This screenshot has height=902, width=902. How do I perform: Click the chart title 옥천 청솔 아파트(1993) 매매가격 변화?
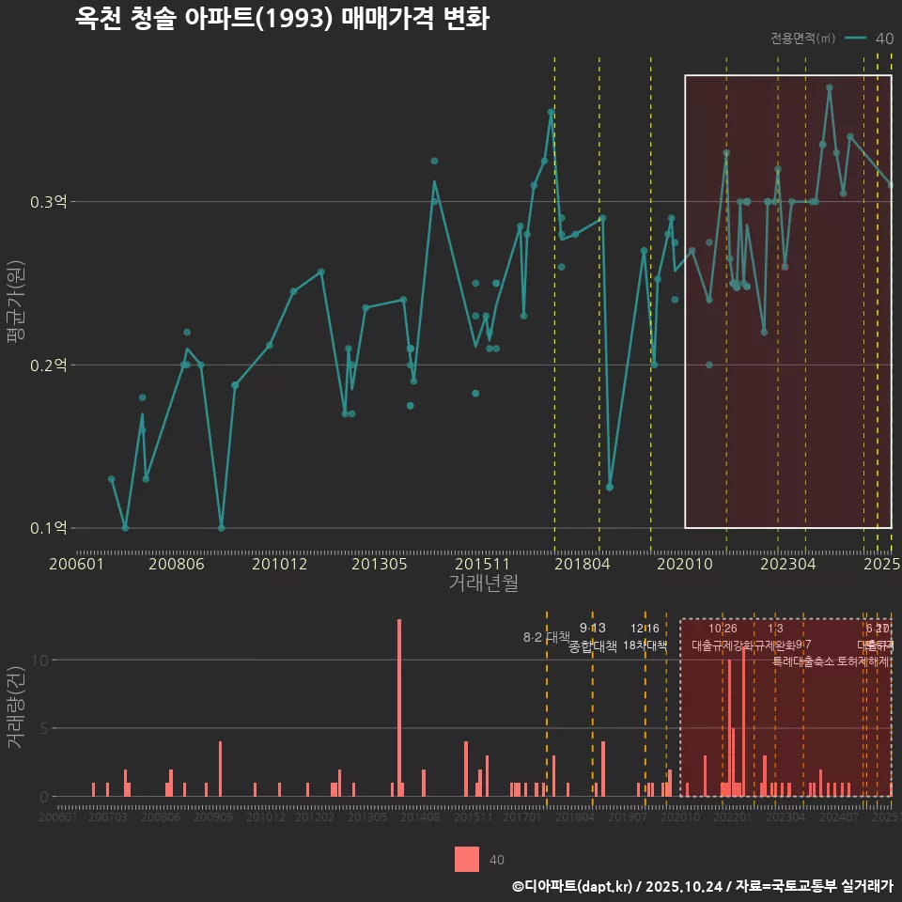point(282,20)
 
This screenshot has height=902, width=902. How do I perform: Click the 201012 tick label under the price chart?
point(279,565)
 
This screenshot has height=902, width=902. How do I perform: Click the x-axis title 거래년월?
point(483,583)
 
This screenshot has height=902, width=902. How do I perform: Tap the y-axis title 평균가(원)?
point(16,305)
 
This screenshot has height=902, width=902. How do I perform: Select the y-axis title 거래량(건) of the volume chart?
point(16,708)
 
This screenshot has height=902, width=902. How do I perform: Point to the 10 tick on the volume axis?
point(40,660)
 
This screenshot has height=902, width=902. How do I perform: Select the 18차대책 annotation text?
point(645,645)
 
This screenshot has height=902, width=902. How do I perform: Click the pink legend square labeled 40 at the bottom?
point(467,859)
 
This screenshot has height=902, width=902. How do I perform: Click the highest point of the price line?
point(830,87)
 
